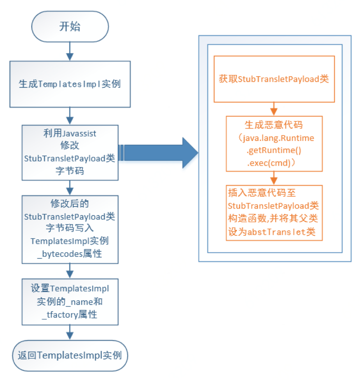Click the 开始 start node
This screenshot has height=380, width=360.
tap(70, 27)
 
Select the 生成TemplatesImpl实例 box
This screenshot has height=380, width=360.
tap(70, 84)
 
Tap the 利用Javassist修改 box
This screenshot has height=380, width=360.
tap(70, 152)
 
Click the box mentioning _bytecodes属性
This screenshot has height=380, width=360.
tap(70, 229)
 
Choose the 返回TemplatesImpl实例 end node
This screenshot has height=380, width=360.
tap(70, 355)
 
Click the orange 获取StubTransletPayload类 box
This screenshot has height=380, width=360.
tap(274, 79)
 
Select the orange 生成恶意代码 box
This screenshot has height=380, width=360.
tap(274, 143)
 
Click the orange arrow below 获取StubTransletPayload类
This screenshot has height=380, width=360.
tap(274, 109)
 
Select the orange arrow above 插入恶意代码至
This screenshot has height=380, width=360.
tap(274, 178)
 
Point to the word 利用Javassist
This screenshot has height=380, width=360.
tap(70, 133)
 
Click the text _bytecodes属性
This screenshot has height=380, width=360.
tap(70, 254)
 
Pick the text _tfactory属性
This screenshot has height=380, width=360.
tap(70, 314)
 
